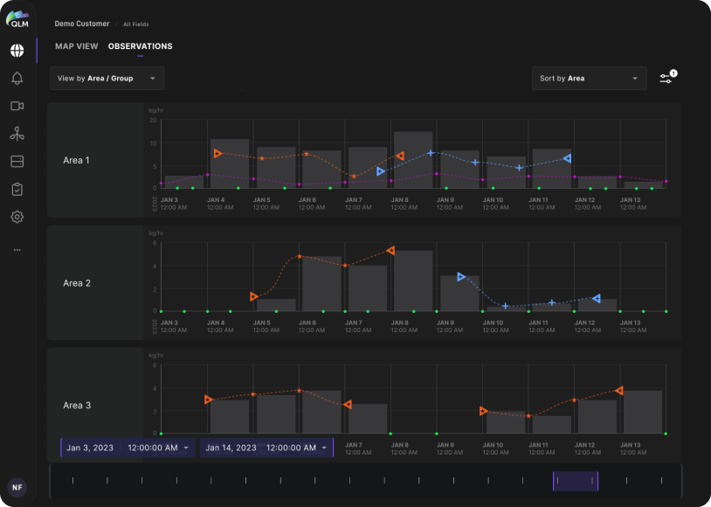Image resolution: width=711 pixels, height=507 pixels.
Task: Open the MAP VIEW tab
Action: coord(76,46)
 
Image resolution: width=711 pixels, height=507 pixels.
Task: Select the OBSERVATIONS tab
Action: coord(140,46)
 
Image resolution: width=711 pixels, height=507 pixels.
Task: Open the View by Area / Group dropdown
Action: coord(107,79)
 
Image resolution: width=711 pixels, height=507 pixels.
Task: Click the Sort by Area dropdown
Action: coord(589,79)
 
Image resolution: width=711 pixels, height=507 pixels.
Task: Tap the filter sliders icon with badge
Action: coord(666,78)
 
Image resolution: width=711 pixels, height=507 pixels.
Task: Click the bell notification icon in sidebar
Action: coord(17,79)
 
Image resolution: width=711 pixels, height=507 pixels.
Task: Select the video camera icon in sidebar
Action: coord(17,106)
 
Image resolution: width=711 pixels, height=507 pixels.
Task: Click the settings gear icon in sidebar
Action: coord(17,217)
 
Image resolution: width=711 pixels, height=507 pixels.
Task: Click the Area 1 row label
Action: coord(76,161)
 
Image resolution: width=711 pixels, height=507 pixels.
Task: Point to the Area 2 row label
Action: coord(76,283)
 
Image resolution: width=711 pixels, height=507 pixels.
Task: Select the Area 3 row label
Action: coord(76,406)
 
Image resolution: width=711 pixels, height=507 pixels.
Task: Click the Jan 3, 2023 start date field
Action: coord(128,448)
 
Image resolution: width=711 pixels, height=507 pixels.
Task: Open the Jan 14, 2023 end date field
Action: coord(266,448)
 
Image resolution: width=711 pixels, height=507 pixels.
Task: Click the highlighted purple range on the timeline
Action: coord(576,481)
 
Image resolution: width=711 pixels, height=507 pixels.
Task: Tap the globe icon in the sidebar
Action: coord(17,51)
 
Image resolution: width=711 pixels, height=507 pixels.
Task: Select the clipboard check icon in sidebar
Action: coord(17,189)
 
